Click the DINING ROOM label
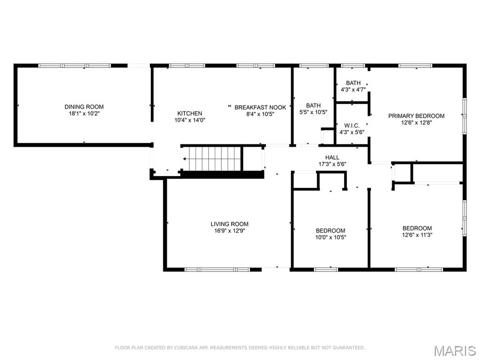(x=84, y=107)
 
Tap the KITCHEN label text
(x=189, y=113)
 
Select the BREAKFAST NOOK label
(x=260, y=107)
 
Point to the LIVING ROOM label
(x=229, y=224)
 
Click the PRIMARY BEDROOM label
(x=416, y=116)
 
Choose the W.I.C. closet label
(x=352, y=126)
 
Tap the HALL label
(x=332, y=157)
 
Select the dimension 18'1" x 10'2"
(x=84, y=113)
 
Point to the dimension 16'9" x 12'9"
(x=229, y=231)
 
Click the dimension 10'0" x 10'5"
(x=330, y=237)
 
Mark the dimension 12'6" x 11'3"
(x=417, y=235)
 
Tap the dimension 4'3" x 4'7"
(x=353, y=90)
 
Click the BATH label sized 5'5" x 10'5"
(x=313, y=105)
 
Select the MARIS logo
(x=455, y=350)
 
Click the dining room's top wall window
(x=75, y=66)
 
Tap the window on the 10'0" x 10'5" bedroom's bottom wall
(x=326, y=270)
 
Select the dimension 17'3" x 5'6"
(x=332, y=164)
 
